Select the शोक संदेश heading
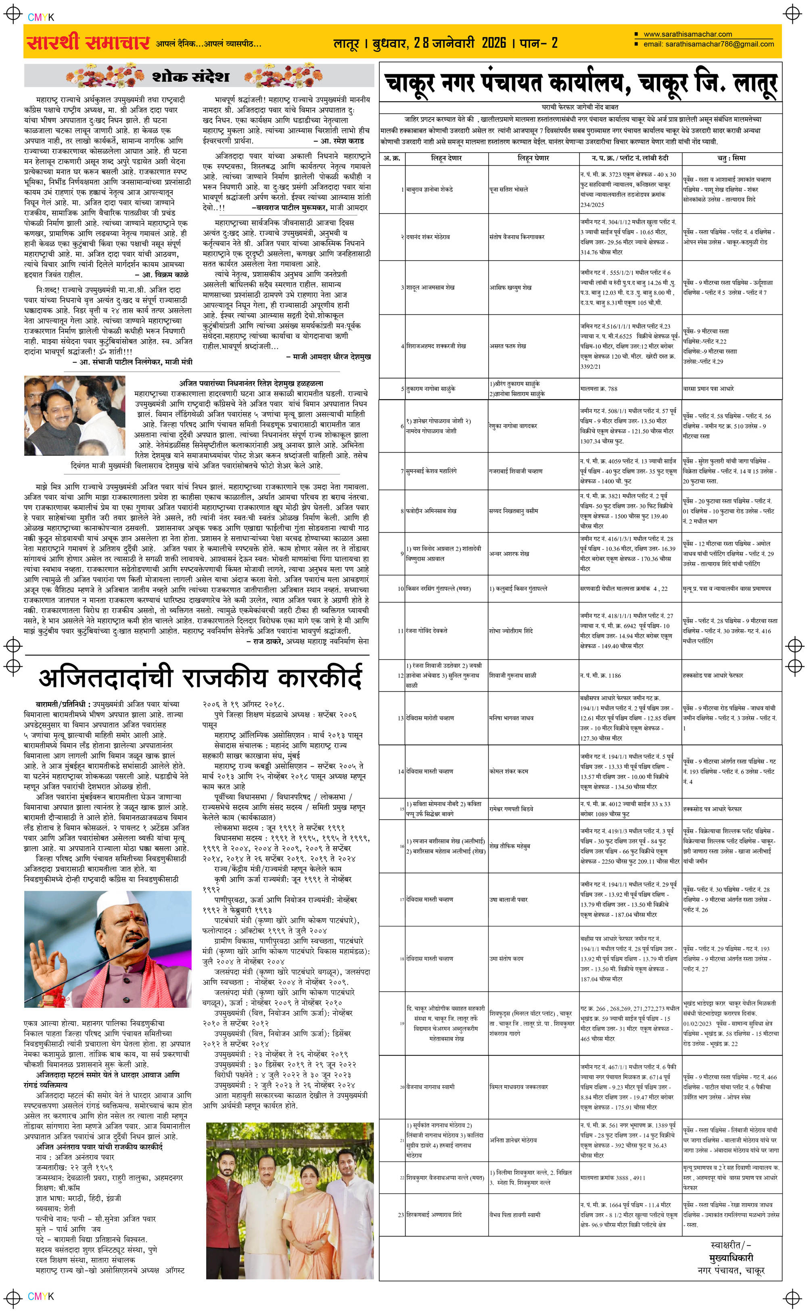pyautogui.click(x=191, y=76)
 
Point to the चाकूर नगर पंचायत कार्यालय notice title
pyautogui.click(x=580, y=83)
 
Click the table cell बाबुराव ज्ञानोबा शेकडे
pyautogui.click(x=430, y=189)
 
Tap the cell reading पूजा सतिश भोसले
pyautogui.click(x=509, y=189)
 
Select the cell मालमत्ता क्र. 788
pyautogui.click(x=598, y=389)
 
